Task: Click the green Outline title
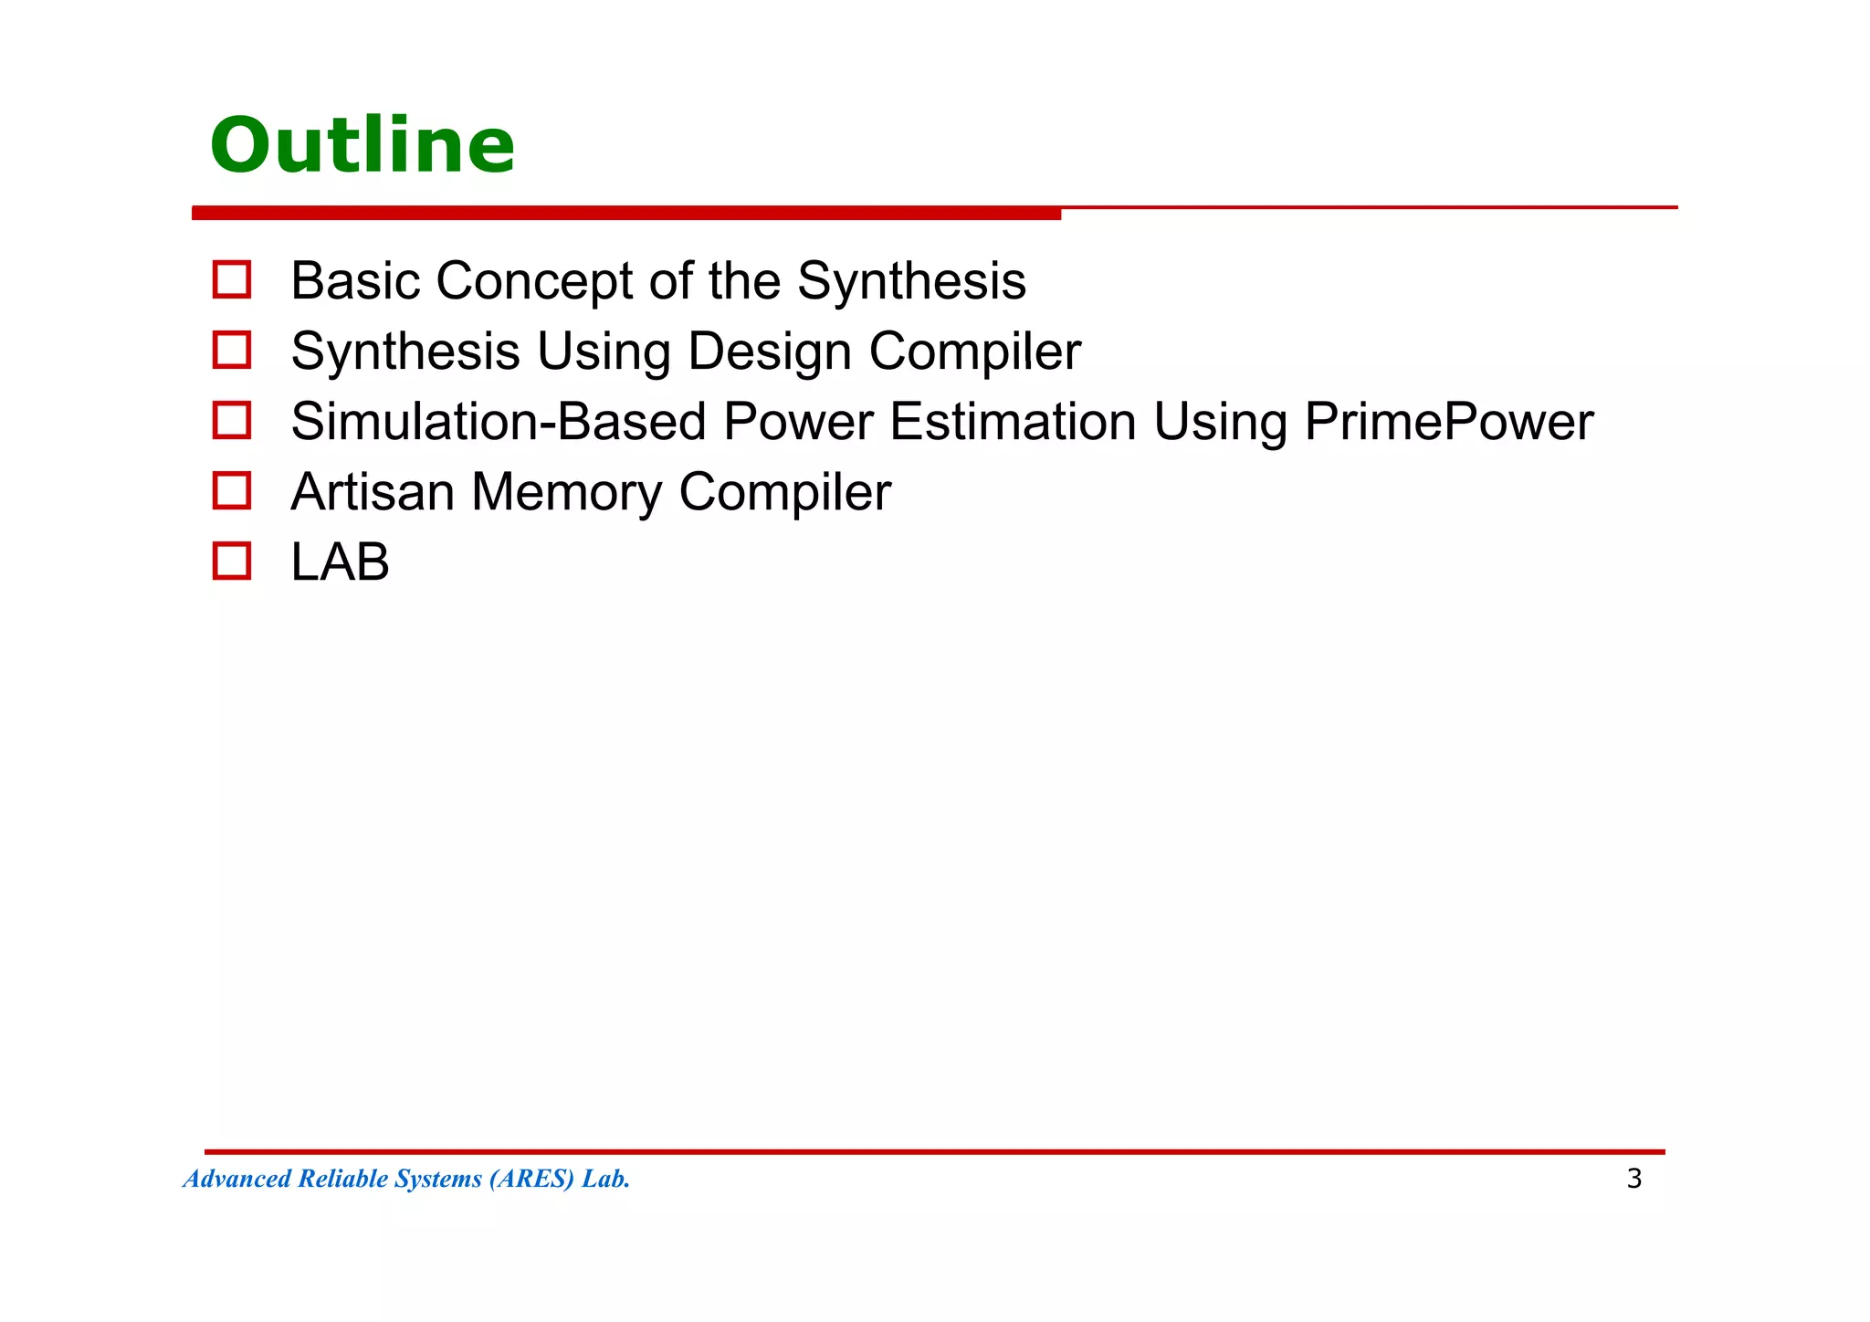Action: pos(362,146)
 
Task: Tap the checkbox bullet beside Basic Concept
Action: pos(232,280)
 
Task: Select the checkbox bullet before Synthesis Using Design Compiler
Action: pos(232,351)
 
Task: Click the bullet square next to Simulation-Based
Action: pos(232,421)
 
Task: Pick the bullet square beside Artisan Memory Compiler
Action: pos(232,491)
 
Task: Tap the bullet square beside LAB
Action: pos(232,561)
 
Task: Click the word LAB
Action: pos(340,562)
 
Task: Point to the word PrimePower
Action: pos(1448,422)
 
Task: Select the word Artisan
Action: pos(373,492)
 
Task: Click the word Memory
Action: pos(566,492)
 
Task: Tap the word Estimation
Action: pos(1013,422)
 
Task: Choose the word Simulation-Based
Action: pos(499,422)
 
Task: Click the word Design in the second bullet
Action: pos(769,351)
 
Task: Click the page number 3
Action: pos(1634,1179)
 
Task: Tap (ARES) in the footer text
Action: pos(531,1179)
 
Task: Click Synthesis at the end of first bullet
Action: pos(911,281)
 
